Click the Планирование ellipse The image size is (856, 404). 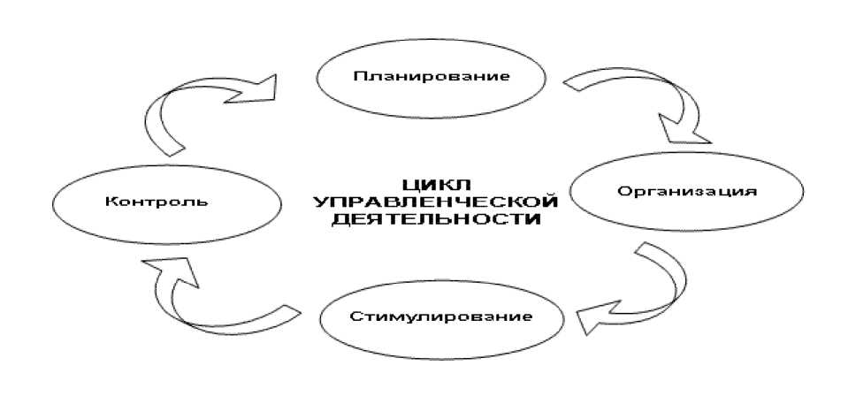tap(431, 76)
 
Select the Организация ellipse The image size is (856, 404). tap(686, 192)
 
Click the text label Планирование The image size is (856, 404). tap(431, 76)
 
